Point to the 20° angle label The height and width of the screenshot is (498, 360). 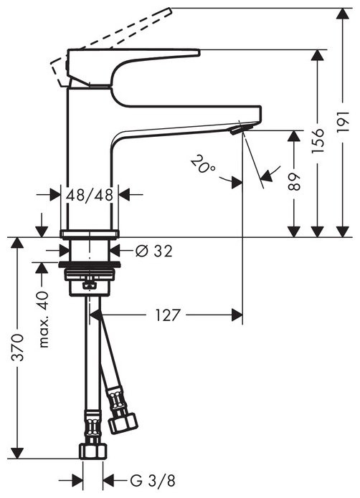tap(203, 166)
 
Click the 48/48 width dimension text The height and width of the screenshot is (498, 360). tap(88, 194)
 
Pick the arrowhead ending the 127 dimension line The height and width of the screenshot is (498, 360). tap(237, 313)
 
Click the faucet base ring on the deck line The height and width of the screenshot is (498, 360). tap(89, 234)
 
